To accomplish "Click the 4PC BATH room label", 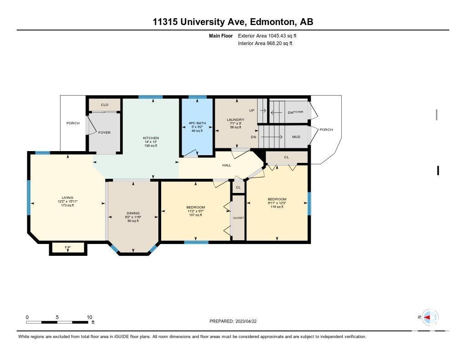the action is (x=197, y=123).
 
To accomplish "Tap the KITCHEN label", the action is (x=151, y=138).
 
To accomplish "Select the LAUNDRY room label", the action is (x=235, y=120).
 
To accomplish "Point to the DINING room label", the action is (x=133, y=213).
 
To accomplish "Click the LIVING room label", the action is (x=67, y=198).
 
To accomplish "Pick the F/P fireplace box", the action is (x=68, y=248).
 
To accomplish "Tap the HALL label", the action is (x=227, y=165).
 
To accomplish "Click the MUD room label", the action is (x=296, y=137).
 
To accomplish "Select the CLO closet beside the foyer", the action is (x=105, y=105).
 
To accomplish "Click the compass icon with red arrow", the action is (x=430, y=317).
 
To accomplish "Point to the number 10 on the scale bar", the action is (x=90, y=317).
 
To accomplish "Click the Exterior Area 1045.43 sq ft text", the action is (x=267, y=35).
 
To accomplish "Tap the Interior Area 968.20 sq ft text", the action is (x=265, y=43).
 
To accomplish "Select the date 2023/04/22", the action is (x=246, y=321).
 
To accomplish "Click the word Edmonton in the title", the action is (x=273, y=22).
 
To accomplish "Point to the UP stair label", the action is (x=252, y=110).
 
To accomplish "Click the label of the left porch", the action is (x=73, y=123).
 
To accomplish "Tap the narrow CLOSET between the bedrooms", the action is (x=238, y=218).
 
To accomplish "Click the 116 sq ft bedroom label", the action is (x=277, y=207).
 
